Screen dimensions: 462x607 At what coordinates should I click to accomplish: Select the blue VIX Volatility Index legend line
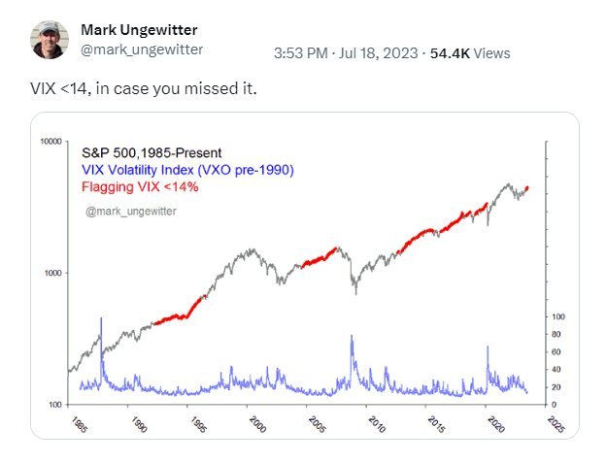pyautogui.click(x=187, y=170)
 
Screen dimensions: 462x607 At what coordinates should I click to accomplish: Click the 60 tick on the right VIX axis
pyautogui.click(x=556, y=352)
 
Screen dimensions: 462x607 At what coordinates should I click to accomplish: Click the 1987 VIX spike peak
pyautogui.click(x=101, y=318)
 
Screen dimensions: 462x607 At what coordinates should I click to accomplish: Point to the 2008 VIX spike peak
pyautogui.click(x=351, y=336)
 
